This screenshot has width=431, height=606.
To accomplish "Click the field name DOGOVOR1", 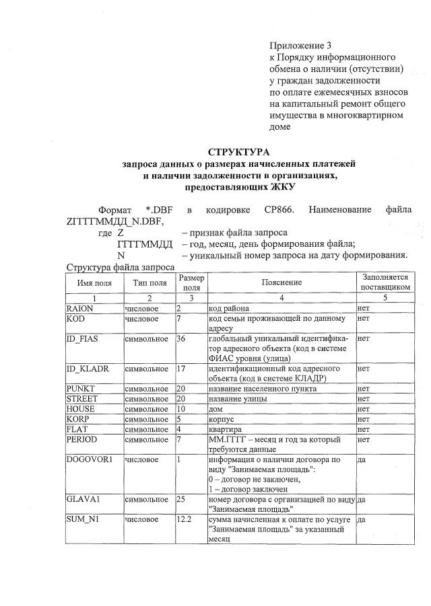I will click(88, 459).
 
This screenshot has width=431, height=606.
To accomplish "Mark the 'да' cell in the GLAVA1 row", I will click(362, 500).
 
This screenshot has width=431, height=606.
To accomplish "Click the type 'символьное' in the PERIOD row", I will click(146, 439).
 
